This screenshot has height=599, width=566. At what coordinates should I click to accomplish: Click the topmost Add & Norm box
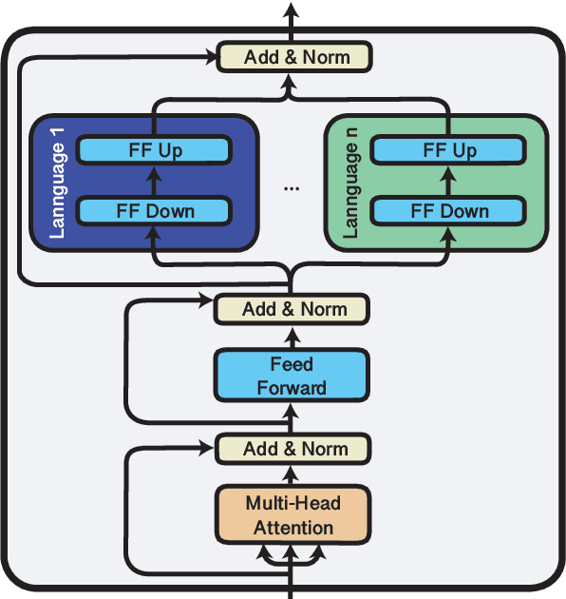(295, 57)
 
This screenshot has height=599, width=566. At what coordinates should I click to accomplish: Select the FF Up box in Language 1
(155, 150)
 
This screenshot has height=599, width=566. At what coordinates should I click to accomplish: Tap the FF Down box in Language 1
(155, 211)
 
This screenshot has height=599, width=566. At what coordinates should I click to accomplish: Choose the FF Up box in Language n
(449, 150)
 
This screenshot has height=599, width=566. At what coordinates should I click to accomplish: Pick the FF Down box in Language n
(449, 211)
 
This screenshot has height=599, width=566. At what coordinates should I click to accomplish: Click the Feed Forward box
(292, 376)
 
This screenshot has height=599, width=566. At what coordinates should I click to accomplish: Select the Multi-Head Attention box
(292, 514)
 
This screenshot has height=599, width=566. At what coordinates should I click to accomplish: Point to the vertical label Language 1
(56, 181)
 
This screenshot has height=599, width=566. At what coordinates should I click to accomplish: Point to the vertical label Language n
(350, 181)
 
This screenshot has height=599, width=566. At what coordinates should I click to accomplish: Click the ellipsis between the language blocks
(292, 188)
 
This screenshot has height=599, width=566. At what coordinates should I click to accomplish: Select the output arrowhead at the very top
(292, 10)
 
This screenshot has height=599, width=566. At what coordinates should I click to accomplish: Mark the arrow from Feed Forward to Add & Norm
(292, 336)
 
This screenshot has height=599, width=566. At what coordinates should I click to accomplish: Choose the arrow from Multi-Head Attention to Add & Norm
(292, 475)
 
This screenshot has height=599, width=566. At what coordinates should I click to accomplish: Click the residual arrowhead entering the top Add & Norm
(210, 57)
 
